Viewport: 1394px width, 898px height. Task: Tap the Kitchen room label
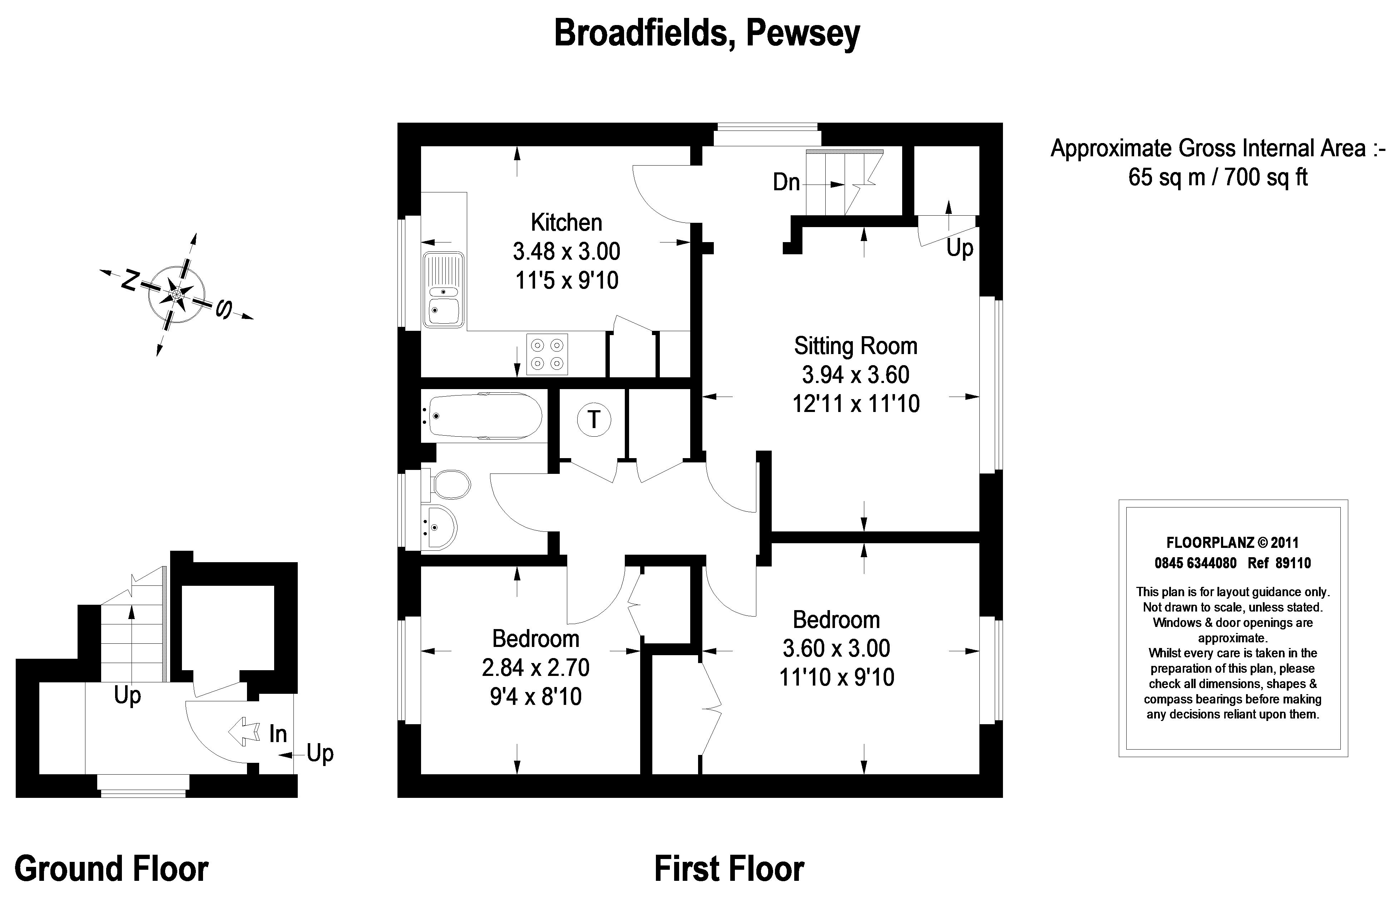[566, 223]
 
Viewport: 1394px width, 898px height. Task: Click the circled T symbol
[594, 419]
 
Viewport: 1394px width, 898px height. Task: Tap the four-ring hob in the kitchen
[547, 353]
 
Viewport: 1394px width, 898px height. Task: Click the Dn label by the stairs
[786, 182]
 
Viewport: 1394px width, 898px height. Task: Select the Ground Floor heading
[111, 869]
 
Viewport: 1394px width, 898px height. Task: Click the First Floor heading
[729, 869]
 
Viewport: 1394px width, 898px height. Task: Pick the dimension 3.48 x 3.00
[566, 252]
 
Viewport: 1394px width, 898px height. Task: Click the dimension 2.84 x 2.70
[535, 668]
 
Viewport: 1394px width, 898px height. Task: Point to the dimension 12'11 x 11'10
[855, 403]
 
